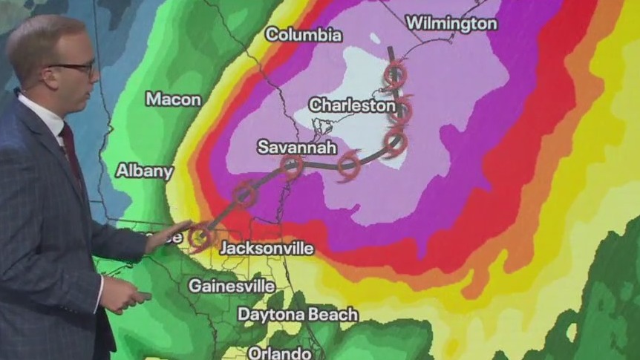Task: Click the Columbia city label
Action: tap(304, 34)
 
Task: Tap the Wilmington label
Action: tap(451, 24)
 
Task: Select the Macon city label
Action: tap(173, 99)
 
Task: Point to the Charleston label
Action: tap(352, 105)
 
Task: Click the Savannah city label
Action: tap(291, 147)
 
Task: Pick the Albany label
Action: tap(145, 171)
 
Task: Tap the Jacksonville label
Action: tap(267, 247)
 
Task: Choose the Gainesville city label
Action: tap(232, 285)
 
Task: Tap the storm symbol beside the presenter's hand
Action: tap(198, 238)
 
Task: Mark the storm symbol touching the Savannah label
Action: tap(292, 167)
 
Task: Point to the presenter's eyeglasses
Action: tap(74, 68)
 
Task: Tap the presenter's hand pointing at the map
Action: tap(168, 235)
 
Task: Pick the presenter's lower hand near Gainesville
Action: tap(126, 294)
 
